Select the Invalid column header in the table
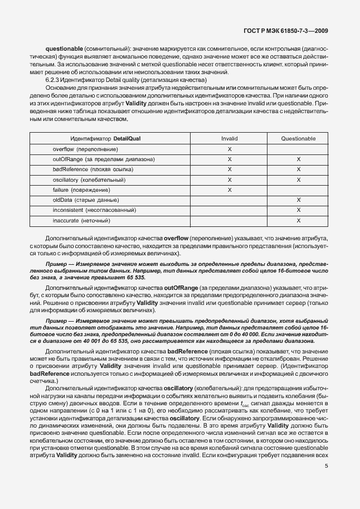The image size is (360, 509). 229,138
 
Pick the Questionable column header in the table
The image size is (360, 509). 298,138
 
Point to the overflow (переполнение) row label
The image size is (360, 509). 85,149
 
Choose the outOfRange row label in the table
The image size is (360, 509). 104,159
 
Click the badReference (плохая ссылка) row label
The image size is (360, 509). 89,169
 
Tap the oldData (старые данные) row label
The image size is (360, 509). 85,200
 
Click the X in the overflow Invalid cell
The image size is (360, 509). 230,149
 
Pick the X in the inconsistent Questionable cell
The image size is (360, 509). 299,210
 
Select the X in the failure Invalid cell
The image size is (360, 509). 230,190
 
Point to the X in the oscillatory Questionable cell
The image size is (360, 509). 299,180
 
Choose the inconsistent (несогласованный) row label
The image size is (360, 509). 94,210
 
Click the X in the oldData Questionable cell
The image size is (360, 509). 299,200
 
